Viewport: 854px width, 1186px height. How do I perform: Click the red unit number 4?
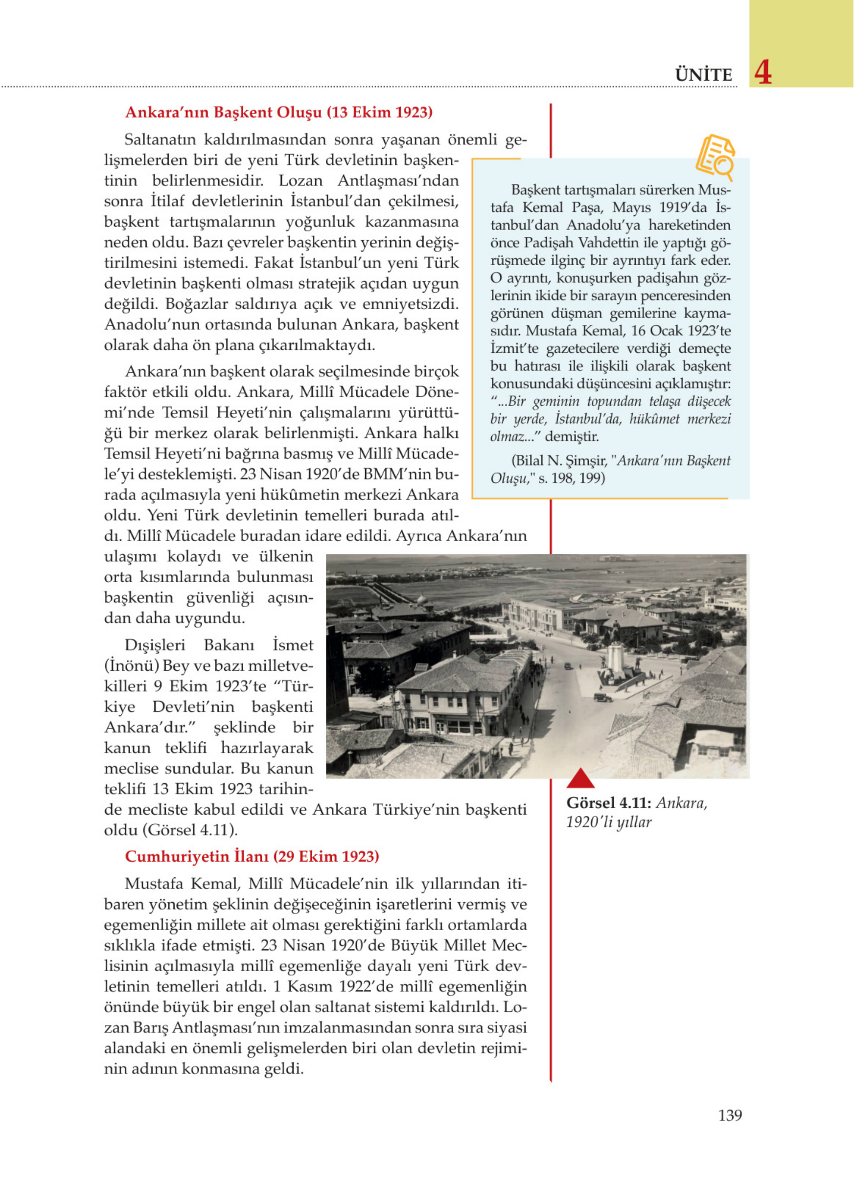[763, 73]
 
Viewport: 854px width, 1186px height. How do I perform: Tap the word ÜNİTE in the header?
[703, 75]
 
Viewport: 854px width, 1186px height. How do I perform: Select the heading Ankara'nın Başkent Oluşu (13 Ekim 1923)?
[279, 113]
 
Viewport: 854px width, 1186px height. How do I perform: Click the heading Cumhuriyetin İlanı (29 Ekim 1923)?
[252, 857]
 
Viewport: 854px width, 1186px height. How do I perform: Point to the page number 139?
[730, 1116]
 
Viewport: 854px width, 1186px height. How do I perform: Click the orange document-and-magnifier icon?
[715, 158]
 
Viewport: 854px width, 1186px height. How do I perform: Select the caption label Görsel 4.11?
[609, 803]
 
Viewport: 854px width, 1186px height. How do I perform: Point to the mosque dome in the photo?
[421, 600]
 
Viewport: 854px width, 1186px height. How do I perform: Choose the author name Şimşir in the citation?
[588, 461]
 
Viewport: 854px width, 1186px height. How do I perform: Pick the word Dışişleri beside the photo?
[155, 645]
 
